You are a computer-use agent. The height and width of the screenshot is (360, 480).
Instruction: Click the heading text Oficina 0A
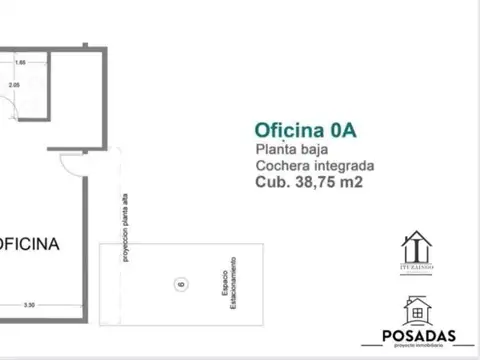[x=306, y=130]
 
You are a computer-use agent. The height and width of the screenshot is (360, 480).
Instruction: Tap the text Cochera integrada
[x=315, y=166]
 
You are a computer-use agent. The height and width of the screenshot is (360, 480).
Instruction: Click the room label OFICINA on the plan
[x=28, y=243]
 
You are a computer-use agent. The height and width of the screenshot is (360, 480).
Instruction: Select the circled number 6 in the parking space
[x=181, y=283]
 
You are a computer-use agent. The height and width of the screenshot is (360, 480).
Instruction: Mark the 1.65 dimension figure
[x=19, y=62]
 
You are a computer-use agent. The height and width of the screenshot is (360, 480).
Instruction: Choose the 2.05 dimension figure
[x=14, y=85]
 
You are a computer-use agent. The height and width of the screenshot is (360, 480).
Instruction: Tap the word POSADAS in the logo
[x=417, y=336]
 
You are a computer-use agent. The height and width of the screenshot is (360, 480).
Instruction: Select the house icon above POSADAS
[x=417, y=310]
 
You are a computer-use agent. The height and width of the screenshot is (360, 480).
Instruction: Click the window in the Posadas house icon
[x=417, y=314]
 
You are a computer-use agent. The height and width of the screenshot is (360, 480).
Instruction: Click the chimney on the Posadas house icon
[x=426, y=301]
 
